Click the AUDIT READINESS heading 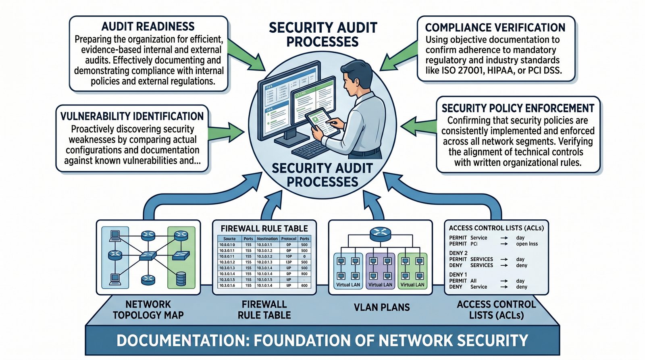click(x=148, y=27)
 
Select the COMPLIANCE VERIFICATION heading click(x=495, y=27)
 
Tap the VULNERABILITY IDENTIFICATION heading click(x=132, y=117)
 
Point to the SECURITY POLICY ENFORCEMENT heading click(x=518, y=108)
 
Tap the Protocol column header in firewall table click(x=289, y=239)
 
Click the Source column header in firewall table click(x=229, y=239)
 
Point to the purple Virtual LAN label click(x=380, y=285)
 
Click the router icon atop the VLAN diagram click(x=380, y=233)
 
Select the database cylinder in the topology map click(x=181, y=278)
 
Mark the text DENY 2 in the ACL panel click(x=458, y=253)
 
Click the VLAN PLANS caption click(x=382, y=308)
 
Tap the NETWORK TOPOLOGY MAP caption click(x=148, y=310)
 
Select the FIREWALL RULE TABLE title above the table click(x=264, y=229)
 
